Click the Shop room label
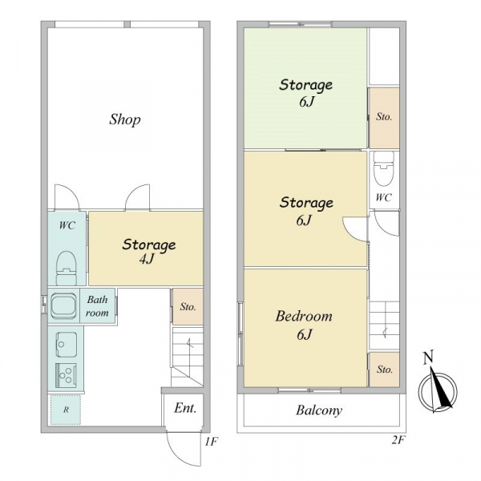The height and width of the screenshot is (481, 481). tap(125, 119)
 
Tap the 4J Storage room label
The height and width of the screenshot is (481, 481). tap(149, 252)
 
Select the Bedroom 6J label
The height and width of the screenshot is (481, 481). tap(304, 325)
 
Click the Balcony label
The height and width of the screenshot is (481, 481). tap(319, 410)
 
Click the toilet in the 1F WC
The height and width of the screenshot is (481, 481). tap(66, 268)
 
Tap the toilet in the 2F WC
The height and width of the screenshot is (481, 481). tap(384, 168)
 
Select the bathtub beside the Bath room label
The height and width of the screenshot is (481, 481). tap(63, 305)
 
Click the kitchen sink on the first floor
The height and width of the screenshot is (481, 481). tap(66, 345)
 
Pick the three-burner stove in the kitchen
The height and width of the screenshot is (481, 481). tap(66, 375)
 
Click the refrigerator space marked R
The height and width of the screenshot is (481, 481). tap(66, 410)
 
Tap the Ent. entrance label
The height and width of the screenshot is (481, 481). tap(185, 408)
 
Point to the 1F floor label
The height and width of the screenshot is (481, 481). tap(212, 442)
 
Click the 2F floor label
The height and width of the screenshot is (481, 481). tap(398, 440)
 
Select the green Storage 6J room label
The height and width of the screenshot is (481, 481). tap(306, 93)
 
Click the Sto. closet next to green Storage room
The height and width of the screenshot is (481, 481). tap(384, 118)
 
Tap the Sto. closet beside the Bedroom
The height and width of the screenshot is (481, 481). tap(384, 370)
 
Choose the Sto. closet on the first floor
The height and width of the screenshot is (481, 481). tap(188, 306)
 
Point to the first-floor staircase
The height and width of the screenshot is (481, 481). tap(188, 357)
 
